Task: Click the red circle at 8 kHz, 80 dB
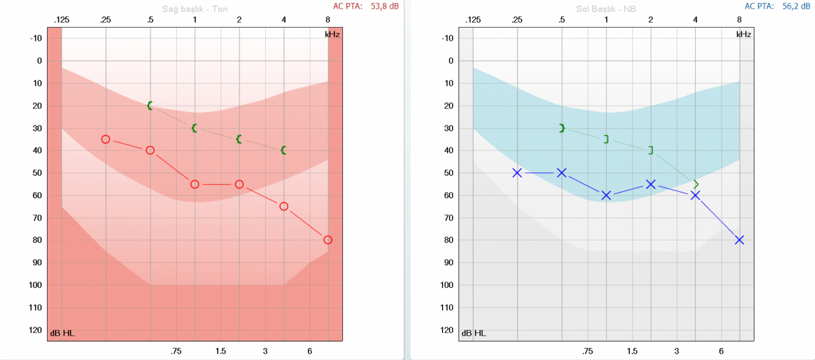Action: [x=328, y=240]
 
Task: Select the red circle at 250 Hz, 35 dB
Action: [x=105, y=139]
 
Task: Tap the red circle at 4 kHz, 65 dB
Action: [x=284, y=206]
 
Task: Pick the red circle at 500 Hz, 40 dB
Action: [x=150, y=151]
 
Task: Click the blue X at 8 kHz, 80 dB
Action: [x=740, y=240]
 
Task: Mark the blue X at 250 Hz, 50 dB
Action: [x=517, y=172]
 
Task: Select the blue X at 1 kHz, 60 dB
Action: [x=606, y=195]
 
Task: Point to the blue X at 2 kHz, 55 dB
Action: [x=651, y=184]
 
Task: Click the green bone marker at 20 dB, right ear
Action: [x=150, y=105]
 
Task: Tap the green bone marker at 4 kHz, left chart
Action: [x=696, y=184]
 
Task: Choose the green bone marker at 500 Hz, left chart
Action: [x=562, y=128]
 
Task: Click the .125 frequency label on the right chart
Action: [x=473, y=20]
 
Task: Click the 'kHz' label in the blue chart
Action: [x=744, y=34]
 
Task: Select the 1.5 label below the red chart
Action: [x=220, y=351]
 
